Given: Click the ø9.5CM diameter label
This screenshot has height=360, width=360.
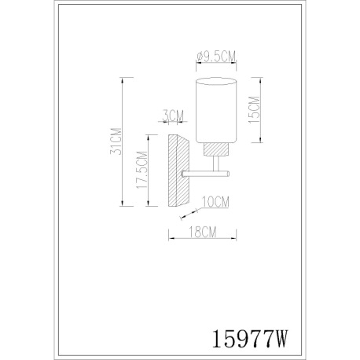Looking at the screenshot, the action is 216,57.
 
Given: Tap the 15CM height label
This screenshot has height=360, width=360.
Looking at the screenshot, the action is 255,110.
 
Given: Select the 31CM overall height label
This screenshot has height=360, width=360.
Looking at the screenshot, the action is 116,141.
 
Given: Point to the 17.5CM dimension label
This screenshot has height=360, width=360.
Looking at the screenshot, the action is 141,170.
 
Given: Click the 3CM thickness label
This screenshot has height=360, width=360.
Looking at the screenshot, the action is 173,116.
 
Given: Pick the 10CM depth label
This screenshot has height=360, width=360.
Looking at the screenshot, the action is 215,202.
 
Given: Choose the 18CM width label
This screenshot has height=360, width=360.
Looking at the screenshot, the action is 203,232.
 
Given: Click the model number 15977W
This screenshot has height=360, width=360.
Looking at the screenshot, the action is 249,339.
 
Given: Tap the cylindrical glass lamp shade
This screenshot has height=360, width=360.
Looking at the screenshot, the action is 216,110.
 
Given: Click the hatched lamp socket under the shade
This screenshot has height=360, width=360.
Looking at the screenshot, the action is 216,149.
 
